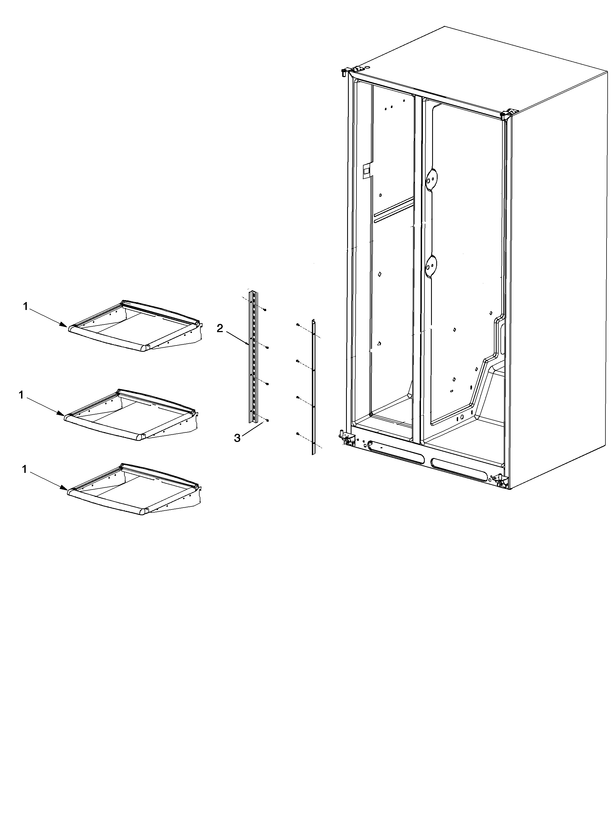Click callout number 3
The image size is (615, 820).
[x=237, y=438]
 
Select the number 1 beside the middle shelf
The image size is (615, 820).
[x=21, y=395]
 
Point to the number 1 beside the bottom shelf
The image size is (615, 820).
[x=25, y=469]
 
